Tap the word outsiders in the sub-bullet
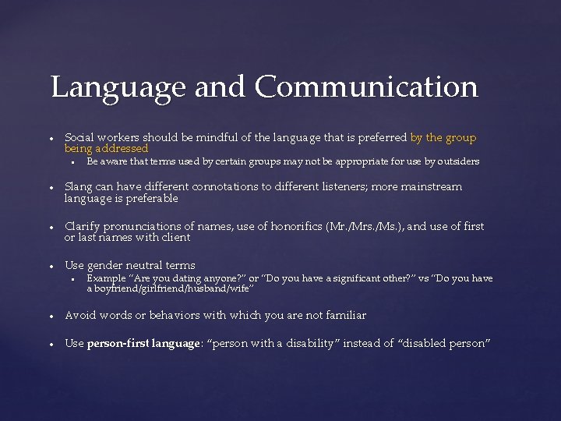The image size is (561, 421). pos(460,161)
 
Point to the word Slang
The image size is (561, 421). pos(79,186)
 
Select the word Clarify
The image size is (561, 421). pos(83,226)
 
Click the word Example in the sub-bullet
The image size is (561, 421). pos(105,278)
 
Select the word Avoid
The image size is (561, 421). pos(80,315)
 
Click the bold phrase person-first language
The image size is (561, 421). pos(143,344)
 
